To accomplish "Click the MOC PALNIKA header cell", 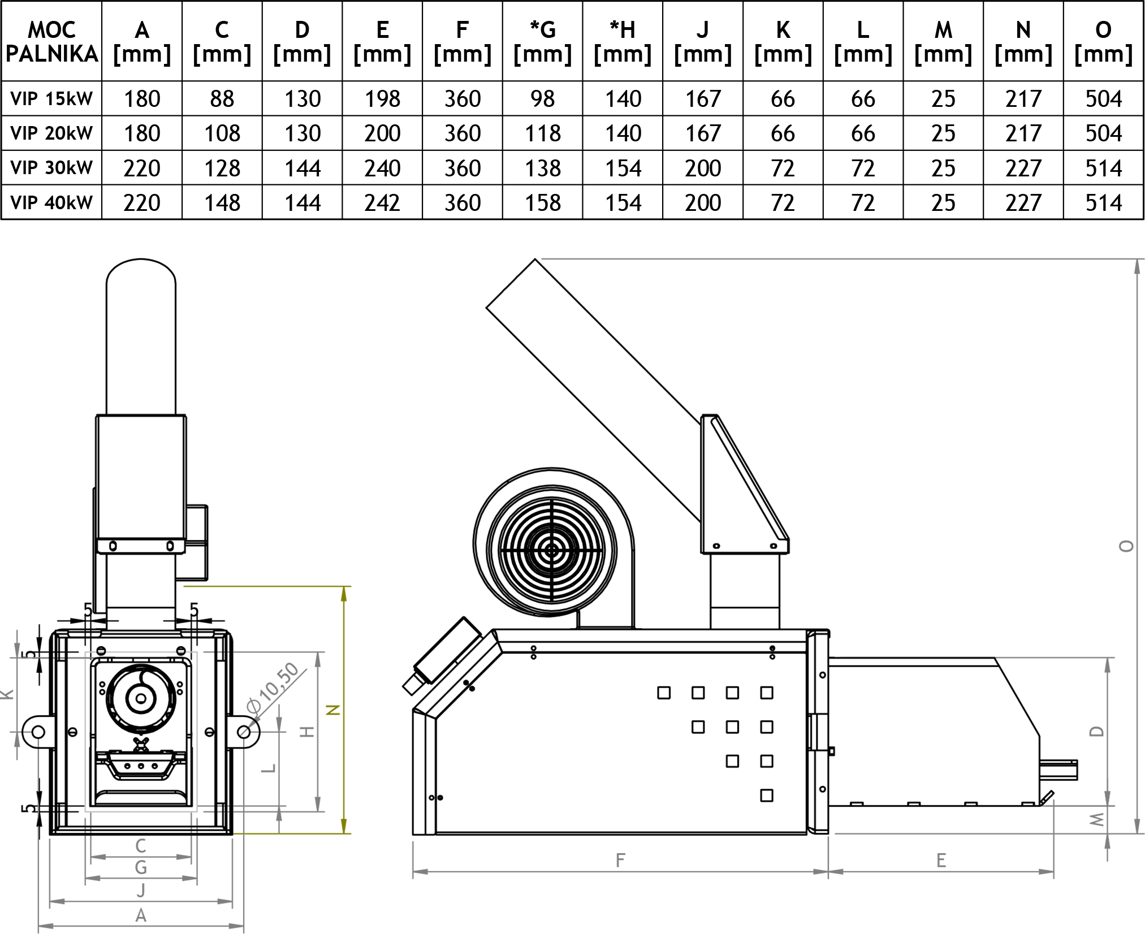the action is [x=51, y=41].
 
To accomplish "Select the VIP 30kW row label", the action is [x=51, y=168].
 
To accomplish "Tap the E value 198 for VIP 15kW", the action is [x=382, y=99].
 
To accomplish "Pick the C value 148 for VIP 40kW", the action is [x=222, y=202].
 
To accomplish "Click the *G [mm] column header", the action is [x=542, y=41].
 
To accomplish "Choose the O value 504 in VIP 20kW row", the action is [x=1103, y=133].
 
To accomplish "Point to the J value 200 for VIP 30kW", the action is [x=703, y=168].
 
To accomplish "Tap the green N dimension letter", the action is [x=334, y=710].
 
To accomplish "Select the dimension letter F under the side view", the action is [x=620, y=860].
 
